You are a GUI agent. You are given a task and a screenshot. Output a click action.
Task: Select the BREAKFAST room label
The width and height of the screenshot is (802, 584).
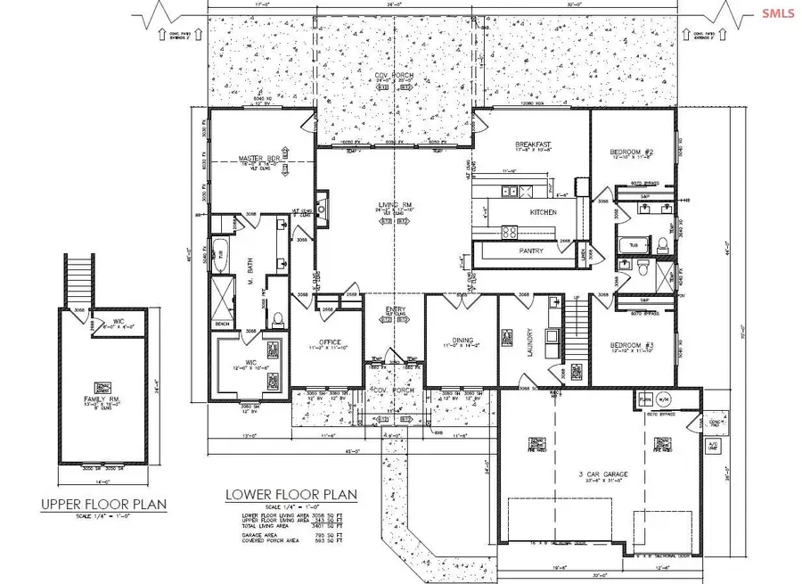(535, 144)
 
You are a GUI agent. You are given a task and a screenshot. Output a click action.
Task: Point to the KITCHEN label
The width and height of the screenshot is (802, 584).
(544, 212)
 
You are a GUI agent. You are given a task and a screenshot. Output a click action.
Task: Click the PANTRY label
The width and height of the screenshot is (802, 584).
(532, 251)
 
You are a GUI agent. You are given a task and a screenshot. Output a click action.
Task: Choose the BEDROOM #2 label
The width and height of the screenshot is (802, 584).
(637, 152)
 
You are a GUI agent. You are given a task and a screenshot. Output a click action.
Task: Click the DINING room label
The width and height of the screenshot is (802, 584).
(458, 339)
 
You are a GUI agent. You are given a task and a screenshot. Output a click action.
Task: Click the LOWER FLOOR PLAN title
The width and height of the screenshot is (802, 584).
(291, 493)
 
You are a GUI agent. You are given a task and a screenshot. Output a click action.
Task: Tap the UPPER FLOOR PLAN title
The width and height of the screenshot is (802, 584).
(104, 505)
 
